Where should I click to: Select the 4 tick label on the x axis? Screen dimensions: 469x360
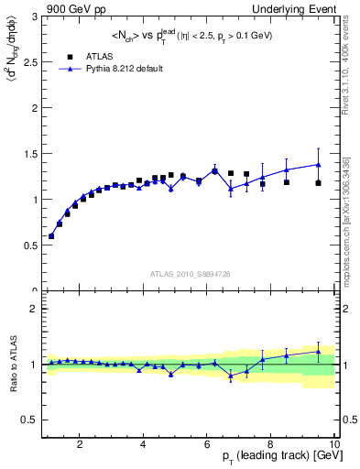click(x=144, y=445)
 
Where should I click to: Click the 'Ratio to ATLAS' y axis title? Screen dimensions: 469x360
click(x=12, y=365)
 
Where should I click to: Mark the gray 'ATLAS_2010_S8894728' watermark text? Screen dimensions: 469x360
click(x=189, y=274)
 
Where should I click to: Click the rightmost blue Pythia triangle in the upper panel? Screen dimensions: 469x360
click(x=318, y=165)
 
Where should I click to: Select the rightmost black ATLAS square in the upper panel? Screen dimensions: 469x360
click(x=318, y=183)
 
